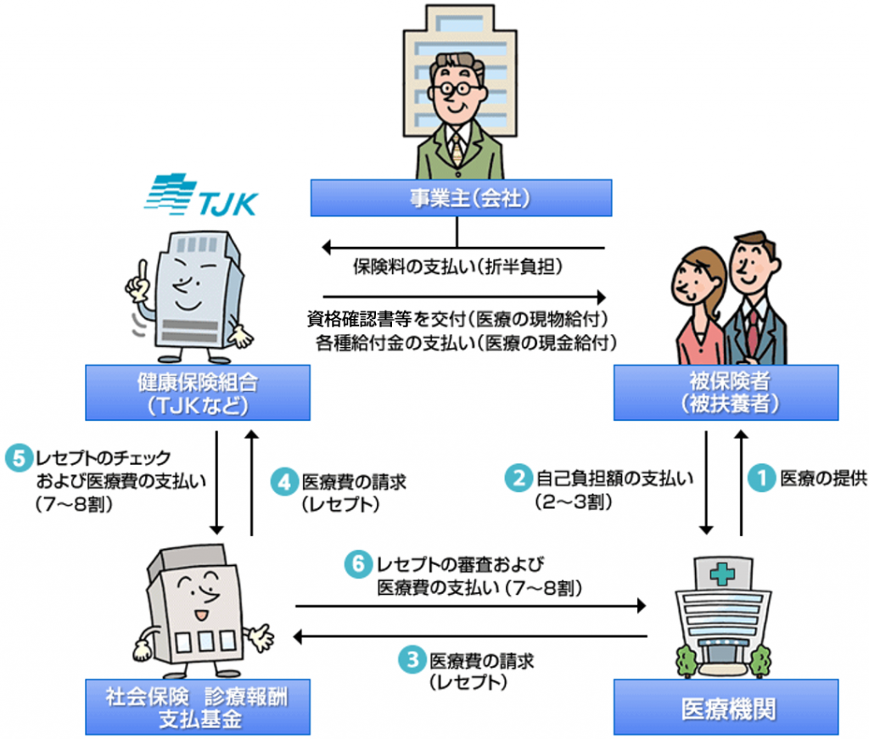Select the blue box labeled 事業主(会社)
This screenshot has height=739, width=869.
coord(461,198)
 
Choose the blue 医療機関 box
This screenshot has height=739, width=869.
coord(726,707)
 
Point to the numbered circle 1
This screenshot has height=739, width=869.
coord(762,479)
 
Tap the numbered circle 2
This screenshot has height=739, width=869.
coord(517,479)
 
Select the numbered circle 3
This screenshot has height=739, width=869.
coord(412,661)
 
